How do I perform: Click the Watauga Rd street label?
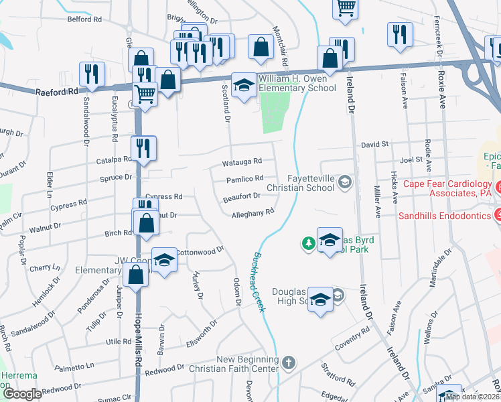coord(242,161)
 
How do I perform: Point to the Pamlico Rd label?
coord(244,179)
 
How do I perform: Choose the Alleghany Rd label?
coord(253,213)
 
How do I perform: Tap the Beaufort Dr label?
coord(242,196)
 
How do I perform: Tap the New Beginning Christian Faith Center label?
coord(247,364)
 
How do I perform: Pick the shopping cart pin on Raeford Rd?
coord(145,94)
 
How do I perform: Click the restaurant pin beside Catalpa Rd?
coord(143,148)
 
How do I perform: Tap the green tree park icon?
coord(308,243)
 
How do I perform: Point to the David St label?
coord(375,144)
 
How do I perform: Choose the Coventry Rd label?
coord(356,336)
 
